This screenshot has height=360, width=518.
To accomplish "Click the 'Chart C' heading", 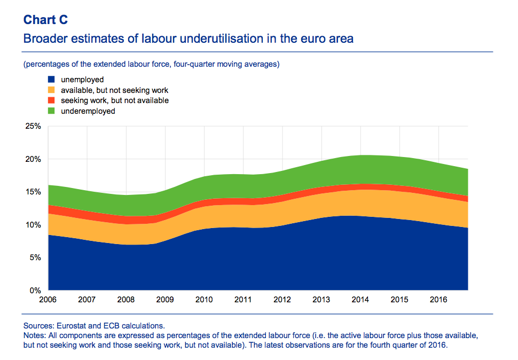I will click(45, 20).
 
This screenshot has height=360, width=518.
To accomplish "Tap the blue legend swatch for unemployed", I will click(52, 80).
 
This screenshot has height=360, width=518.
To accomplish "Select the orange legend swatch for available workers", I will click(52, 90).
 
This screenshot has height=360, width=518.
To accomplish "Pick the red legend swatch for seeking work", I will click(52, 100).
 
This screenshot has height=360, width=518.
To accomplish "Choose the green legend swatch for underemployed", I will click(52, 111).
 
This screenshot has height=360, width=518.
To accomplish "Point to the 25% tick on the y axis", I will click(33, 127).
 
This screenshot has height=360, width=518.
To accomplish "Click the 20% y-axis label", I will click(33, 160).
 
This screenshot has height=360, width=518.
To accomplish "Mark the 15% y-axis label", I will click(33, 192).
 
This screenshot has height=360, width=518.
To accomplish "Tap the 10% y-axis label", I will click(33, 225).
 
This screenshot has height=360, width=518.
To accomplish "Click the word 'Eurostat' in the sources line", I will click(67, 326).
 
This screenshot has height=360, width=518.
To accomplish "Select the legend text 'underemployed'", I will click(88, 111).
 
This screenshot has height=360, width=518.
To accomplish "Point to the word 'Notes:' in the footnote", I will click(35, 335).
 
